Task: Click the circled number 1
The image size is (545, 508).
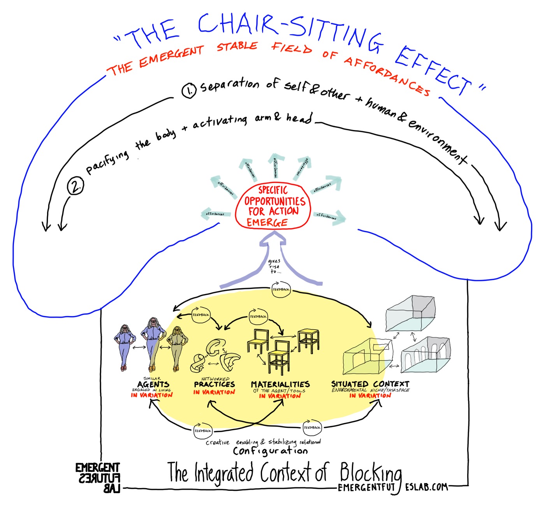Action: (189, 91)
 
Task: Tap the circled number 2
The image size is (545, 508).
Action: (75, 186)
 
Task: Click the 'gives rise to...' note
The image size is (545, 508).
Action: (274, 266)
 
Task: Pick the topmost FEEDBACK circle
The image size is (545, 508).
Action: (281, 290)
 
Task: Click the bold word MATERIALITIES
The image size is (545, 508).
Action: (280, 385)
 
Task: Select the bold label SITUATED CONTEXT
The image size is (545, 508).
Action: (370, 384)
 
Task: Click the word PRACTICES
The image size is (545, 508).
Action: (214, 384)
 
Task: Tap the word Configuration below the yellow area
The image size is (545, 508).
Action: (270, 451)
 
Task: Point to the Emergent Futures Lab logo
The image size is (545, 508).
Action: (98, 478)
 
